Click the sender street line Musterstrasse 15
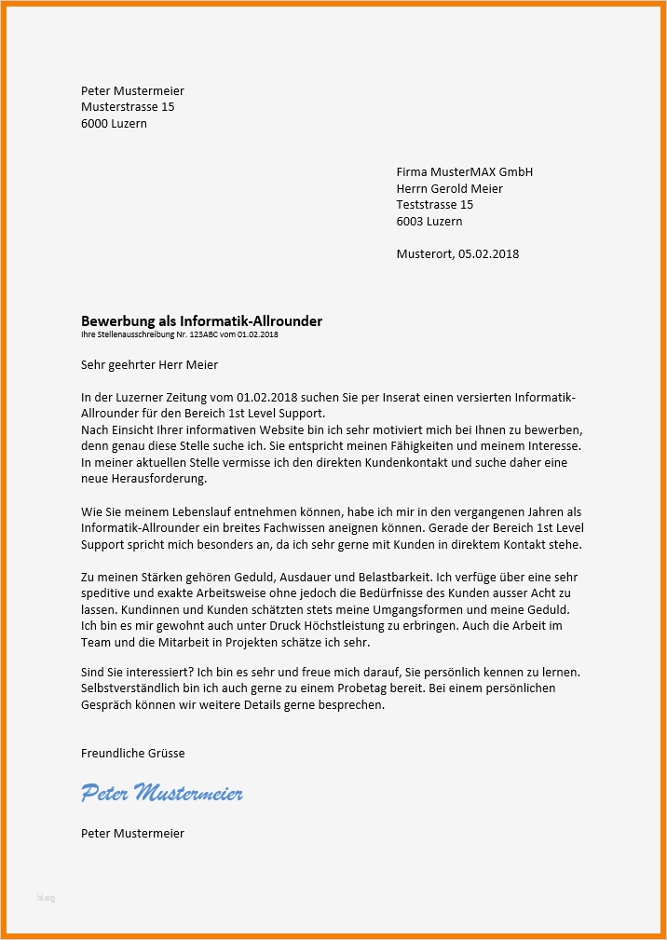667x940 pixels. pyautogui.click(x=128, y=107)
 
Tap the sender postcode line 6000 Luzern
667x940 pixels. pyautogui.click(x=114, y=123)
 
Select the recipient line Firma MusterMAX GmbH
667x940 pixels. pyautogui.click(x=464, y=172)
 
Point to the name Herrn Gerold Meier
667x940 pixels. pyautogui.click(x=449, y=189)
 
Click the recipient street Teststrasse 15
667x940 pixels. pyautogui.click(x=434, y=205)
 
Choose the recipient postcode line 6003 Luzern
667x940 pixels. pyautogui.click(x=429, y=222)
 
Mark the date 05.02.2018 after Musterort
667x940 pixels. pyautogui.click(x=488, y=253)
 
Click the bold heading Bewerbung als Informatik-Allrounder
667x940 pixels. pyautogui.click(x=201, y=321)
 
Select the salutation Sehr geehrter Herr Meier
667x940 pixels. pyautogui.click(x=149, y=365)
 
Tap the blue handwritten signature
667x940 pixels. pyautogui.click(x=162, y=794)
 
